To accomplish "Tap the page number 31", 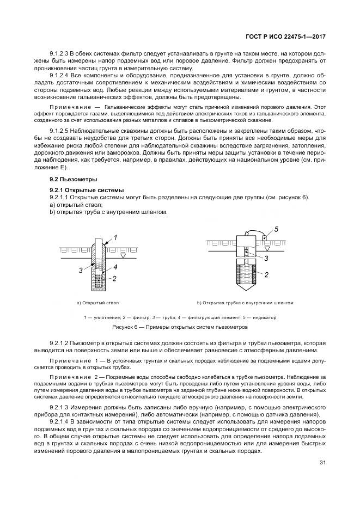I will [x=323, y=463].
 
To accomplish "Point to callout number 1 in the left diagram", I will [x=115, y=238].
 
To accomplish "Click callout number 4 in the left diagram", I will [x=115, y=267].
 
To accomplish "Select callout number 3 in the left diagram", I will [x=80, y=269].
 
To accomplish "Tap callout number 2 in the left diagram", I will [x=115, y=278].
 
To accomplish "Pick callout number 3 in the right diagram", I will [x=266, y=260].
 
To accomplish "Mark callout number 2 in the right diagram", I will [x=266, y=275].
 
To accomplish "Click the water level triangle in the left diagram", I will [x=124, y=255].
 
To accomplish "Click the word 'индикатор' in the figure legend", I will [x=264, y=317].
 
